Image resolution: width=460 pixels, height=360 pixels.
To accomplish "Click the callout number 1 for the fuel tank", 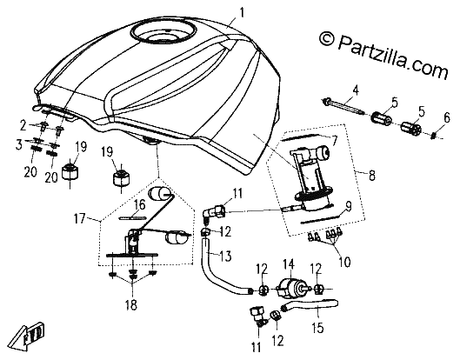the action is click(242, 13).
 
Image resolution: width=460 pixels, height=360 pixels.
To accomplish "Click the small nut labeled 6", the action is click(435, 136).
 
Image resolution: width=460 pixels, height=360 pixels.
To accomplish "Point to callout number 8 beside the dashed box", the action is click(371, 176).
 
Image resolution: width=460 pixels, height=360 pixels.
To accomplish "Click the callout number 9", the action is click(348, 206).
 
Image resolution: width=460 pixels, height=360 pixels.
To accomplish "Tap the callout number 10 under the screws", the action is click(344, 262).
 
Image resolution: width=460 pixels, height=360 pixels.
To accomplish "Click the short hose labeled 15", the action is click(310, 306).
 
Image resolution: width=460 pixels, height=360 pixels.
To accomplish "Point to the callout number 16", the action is click(140, 204).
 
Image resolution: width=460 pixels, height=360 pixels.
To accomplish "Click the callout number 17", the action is click(80, 218).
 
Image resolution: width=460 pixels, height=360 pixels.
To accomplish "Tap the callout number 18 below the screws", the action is click(131, 305).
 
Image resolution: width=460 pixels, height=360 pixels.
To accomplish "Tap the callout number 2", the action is click(23, 126).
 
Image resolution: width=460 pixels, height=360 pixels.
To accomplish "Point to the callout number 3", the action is click(19, 144).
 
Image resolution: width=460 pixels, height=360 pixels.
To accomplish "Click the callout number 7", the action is click(334, 141).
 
